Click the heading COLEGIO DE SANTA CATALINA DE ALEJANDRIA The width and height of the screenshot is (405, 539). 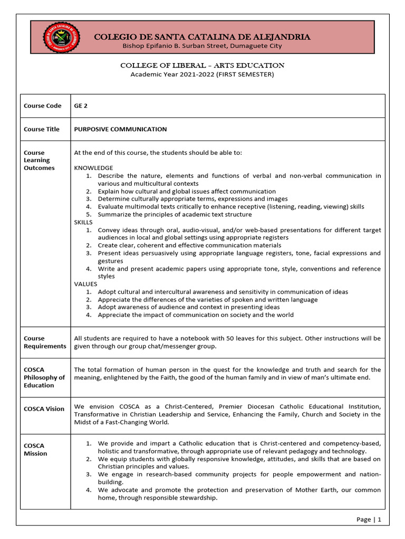(x=202, y=37)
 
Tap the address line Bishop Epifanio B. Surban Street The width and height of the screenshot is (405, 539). (x=202, y=46)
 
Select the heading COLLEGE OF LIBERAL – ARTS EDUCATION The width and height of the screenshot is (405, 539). (x=202, y=65)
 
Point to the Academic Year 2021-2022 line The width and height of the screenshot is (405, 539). (x=202, y=74)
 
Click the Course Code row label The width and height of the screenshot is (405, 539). (x=42, y=106)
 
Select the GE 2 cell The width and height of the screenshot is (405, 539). (x=81, y=106)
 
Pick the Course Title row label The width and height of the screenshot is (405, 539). (x=42, y=129)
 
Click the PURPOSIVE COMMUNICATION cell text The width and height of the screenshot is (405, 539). (x=120, y=129)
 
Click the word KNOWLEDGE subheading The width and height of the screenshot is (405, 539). (x=93, y=168)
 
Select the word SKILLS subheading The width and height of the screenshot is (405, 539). (x=83, y=222)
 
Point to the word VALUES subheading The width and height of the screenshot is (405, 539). (x=85, y=284)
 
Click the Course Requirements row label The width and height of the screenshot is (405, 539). (x=45, y=342)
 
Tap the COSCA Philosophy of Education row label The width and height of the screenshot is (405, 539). (x=44, y=377)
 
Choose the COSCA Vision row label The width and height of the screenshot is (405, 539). (x=44, y=409)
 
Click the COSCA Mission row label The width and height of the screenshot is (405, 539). (x=35, y=450)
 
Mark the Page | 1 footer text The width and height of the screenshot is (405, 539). (x=369, y=519)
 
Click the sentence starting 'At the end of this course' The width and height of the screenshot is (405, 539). (x=158, y=153)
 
